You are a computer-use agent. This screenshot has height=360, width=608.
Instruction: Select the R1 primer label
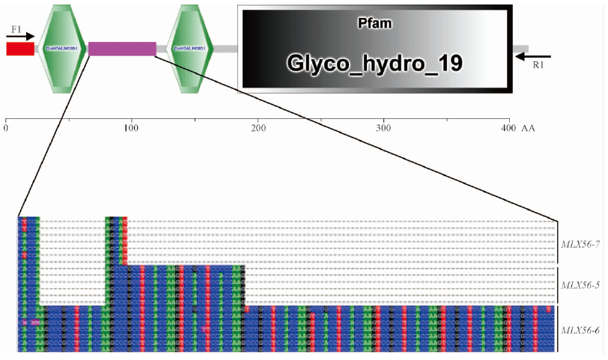click(x=538, y=65)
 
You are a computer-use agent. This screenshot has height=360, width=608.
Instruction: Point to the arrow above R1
click(x=533, y=56)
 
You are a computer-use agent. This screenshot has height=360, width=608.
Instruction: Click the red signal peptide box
click(x=20, y=49)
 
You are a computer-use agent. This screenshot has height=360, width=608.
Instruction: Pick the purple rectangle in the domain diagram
click(x=122, y=49)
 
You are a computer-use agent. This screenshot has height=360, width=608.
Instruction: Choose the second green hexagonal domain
click(x=191, y=48)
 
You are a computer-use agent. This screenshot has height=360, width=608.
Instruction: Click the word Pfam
click(x=374, y=23)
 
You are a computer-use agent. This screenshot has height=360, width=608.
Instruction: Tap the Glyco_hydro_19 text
click(x=374, y=63)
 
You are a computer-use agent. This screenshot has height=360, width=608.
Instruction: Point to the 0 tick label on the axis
click(x=6, y=129)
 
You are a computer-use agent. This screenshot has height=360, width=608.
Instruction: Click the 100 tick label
click(x=131, y=129)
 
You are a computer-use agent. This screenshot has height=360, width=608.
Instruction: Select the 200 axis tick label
click(x=258, y=129)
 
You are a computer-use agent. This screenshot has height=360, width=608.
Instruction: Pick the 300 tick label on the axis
click(x=383, y=129)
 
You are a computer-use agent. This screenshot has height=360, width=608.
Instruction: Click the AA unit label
click(x=530, y=129)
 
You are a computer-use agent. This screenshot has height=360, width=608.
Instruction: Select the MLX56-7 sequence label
click(x=580, y=243)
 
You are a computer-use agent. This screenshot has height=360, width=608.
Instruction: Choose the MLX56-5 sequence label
click(x=580, y=285)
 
